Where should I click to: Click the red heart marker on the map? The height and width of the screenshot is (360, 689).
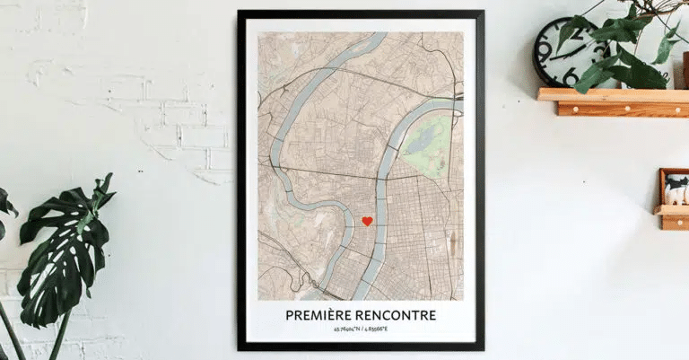(367, 221)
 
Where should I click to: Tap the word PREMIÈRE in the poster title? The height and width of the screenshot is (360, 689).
(318, 315)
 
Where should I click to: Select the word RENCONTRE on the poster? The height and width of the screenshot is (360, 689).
(395, 315)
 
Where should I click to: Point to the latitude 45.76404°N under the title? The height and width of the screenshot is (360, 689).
(340, 329)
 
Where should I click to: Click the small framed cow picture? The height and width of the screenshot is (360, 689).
(675, 187)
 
